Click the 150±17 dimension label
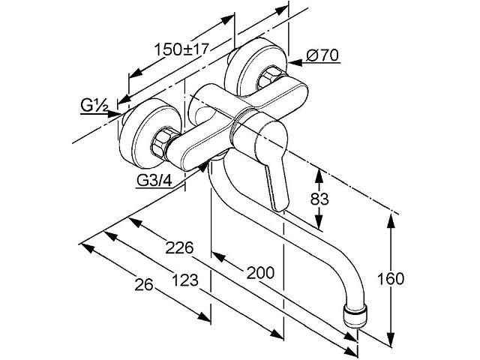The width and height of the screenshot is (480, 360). coord(181,49)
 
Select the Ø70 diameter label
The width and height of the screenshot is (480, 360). coord(322,55)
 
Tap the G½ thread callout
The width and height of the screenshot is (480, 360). coord(94,106)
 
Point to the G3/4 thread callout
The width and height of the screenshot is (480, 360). coord(154,180)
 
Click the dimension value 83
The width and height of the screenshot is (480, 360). coord(319,199)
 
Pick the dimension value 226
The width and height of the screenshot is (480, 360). coord(179,247)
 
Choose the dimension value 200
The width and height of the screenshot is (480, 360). coord(260,272)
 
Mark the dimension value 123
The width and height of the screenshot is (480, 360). coord(185,280)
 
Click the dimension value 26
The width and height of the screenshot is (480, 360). coord(143,285)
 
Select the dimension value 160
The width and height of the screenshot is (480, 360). coord(390,278)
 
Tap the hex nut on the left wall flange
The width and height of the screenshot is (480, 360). coord(161,145)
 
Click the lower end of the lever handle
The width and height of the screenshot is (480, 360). coord(280,208)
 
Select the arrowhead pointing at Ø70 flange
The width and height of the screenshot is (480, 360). coord(295,63)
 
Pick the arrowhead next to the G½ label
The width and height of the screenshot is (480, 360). coord(114,113)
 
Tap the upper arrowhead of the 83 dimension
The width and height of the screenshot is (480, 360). coord(319,177)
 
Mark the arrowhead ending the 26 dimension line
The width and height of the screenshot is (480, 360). coord(204,316)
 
